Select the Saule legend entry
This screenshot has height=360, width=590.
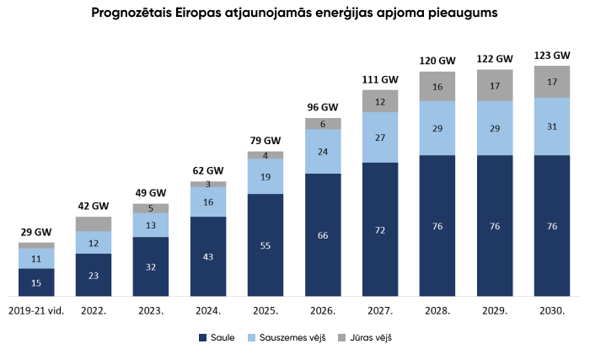(x=216, y=338)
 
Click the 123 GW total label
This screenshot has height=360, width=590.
(x=552, y=56)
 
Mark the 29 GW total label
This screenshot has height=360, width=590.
(x=36, y=232)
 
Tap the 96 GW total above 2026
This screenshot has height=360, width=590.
(x=323, y=108)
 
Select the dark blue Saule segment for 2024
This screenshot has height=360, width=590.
(x=208, y=256)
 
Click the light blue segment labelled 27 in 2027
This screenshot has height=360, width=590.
(x=380, y=137)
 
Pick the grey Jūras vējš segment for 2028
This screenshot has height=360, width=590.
(x=437, y=87)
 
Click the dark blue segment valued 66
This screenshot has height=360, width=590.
(x=323, y=235)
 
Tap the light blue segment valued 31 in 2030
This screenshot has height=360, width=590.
(x=552, y=126)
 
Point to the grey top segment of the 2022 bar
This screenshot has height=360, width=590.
(x=94, y=223)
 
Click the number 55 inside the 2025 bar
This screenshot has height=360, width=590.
(x=265, y=245)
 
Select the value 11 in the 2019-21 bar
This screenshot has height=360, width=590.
(x=36, y=259)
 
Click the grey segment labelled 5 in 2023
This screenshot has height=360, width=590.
(x=151, y=208)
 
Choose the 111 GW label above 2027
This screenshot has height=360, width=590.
(x=380, y=79)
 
